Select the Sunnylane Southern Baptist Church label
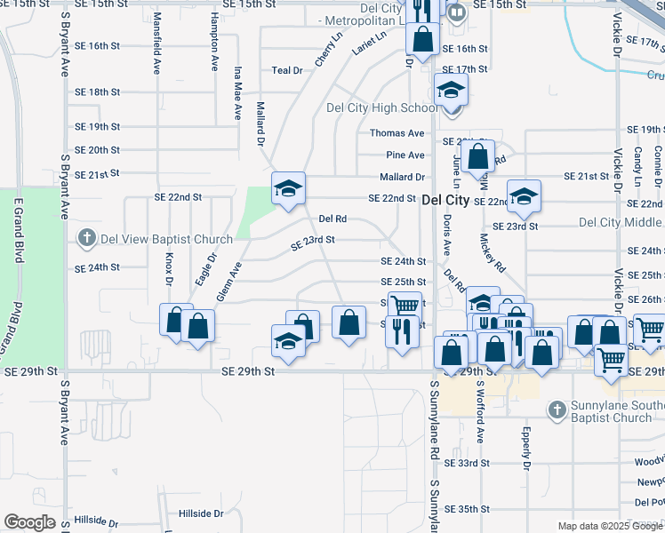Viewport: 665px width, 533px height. click(x=611, y=412)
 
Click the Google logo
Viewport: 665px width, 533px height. click(x=29, y=522)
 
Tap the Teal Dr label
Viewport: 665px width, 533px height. click(x=287, y=69)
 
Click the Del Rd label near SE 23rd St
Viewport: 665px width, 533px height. click(x=332, y=218)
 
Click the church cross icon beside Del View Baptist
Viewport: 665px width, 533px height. click(x=86, y=238)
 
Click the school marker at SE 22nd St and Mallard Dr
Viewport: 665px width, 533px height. click(x=288, y=188)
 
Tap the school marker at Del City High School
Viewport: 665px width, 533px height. click(x=452, y=90)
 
